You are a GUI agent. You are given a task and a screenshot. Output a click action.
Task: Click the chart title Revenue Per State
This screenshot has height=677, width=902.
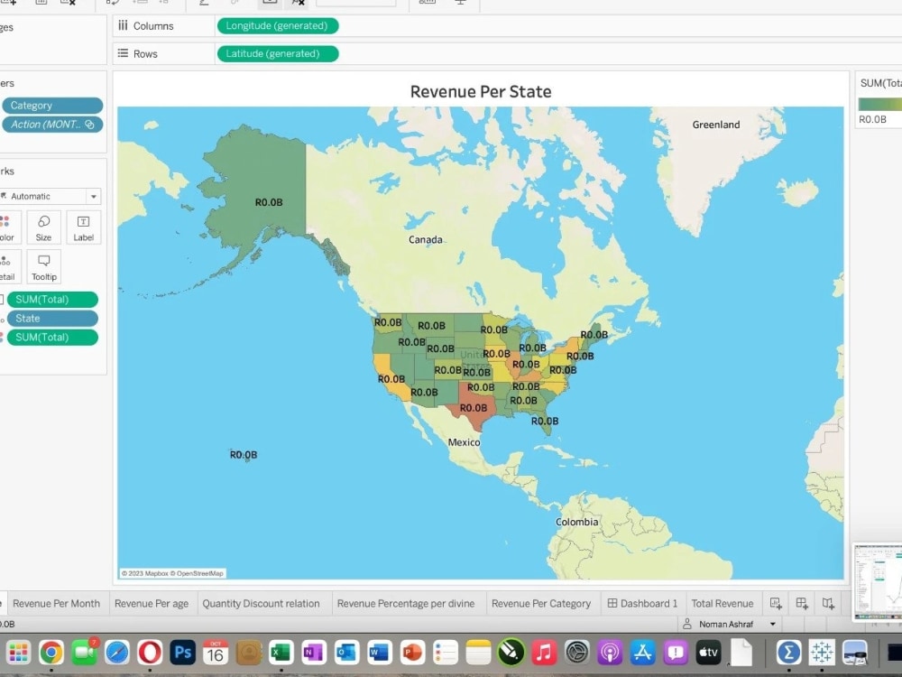click(x=480, y=91)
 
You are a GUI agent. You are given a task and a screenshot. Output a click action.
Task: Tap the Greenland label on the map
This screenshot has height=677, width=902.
click(x=715, y=125)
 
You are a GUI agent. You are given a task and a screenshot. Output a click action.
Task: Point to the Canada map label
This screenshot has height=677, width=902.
click(x=425, y=239)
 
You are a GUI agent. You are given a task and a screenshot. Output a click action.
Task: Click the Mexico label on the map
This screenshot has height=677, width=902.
click(x=464, y=442)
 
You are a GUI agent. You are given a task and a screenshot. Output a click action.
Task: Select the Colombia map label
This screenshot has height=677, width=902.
click(x=576, y=522)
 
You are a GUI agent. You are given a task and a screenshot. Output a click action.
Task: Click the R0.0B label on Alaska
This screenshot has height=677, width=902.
click(x=268, y=202)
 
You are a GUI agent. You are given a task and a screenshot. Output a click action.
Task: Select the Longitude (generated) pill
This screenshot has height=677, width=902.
click(x=277, y=26)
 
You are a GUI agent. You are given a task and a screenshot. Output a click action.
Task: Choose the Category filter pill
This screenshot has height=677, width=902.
click(x=51, y=106)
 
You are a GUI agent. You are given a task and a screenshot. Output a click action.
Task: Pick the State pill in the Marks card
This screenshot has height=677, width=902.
click(x=51, y=319)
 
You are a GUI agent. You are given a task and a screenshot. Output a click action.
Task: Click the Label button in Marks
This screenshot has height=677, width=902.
click(x=83, y=227)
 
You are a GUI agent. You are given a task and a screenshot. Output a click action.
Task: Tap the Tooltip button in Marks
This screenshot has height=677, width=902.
click(x=43, y=267)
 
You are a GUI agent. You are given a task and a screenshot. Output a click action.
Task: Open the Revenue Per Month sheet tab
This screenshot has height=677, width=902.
click(x=56, y=603)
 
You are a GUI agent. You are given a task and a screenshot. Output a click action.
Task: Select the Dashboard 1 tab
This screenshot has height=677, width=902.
click(x=642, y=603)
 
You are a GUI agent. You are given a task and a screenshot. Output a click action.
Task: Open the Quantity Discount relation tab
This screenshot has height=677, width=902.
click(x=261, y=603)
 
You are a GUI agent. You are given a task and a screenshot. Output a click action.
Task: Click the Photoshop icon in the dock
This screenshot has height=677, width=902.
click(x=183, y=652)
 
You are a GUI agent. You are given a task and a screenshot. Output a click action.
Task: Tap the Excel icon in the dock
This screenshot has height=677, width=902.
click(x=281, y=652)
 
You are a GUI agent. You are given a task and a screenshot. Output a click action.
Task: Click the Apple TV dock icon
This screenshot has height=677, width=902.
click(x=708, y=652)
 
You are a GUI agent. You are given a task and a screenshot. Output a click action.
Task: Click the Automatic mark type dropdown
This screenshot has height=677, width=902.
click(x=51, y=196)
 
